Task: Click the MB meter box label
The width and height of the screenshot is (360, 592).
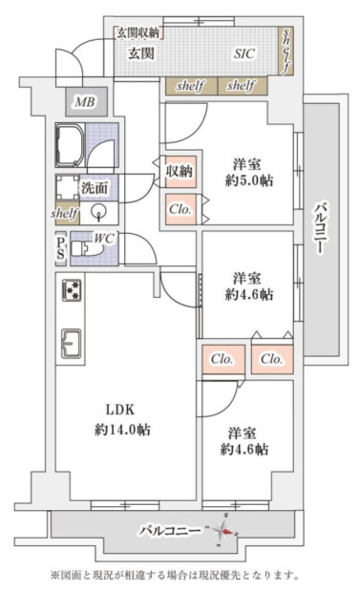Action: (x=83, y=102)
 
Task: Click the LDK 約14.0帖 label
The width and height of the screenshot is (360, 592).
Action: (x=121, y=420)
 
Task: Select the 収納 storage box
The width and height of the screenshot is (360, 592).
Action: (x=180, y=172)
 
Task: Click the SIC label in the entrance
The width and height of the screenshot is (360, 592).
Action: (x=245, y=55)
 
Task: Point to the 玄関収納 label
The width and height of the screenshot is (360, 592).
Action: (x=139, y=32)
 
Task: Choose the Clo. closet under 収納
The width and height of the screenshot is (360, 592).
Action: (x=180, y=209)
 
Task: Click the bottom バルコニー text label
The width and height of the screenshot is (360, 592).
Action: (x=169, y=529)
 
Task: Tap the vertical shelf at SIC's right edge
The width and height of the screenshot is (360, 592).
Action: (x=286, y=51)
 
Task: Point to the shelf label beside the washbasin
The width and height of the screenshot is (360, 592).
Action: (x=64, y=214)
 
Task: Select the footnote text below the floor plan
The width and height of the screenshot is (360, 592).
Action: (x=180, y=575)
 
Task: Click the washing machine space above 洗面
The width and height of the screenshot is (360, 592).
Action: (x=69, y=185)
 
